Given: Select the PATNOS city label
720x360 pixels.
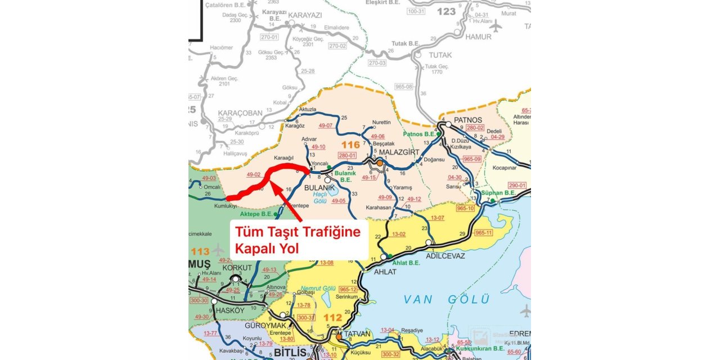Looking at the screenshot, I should [468, 120].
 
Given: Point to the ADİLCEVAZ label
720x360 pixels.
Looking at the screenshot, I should [445, 256].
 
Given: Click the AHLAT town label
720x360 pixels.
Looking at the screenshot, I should [385, 272].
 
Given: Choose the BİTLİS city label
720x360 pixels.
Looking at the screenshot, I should [290, 353].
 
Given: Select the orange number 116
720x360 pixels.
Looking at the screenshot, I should [350, 145].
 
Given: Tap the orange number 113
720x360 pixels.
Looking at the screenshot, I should [200, 251].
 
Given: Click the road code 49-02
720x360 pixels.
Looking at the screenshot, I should [253, 175].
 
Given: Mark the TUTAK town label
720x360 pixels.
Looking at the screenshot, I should [440, 55].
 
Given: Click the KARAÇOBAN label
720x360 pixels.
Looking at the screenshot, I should [240, 112].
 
